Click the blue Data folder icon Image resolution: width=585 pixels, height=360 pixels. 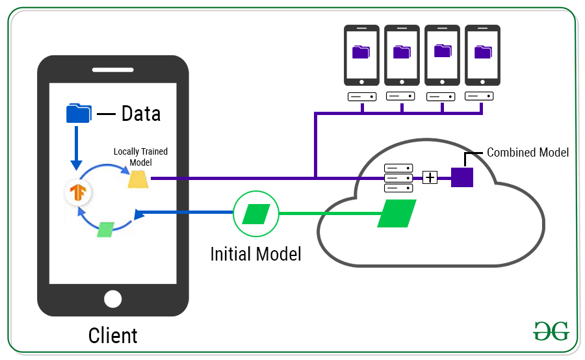[x=79, y=113]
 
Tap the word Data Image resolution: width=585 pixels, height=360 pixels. [x=140, y=114]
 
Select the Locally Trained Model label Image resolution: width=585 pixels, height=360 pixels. [x=140, y=157]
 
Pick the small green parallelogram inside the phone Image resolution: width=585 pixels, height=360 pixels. [x=105, y=229]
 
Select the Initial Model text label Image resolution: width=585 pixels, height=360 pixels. [x=255, y=253]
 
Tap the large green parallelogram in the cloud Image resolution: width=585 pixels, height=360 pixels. [x=396, y=213]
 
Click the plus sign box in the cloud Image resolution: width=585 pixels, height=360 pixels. [x=430, y=177]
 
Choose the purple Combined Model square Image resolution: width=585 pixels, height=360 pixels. [x=461, y=177]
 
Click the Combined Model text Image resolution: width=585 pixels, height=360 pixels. [x=527, y=153]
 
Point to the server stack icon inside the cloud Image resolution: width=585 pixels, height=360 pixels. [x=398, y=177]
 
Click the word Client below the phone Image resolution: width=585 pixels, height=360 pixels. [x=112, y=335]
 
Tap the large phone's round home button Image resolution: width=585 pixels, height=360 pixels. [x=113, y=299]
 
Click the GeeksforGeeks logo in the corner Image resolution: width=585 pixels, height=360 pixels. [x=551, y=330]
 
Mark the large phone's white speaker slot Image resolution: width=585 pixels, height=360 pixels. [x=112, y=70]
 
